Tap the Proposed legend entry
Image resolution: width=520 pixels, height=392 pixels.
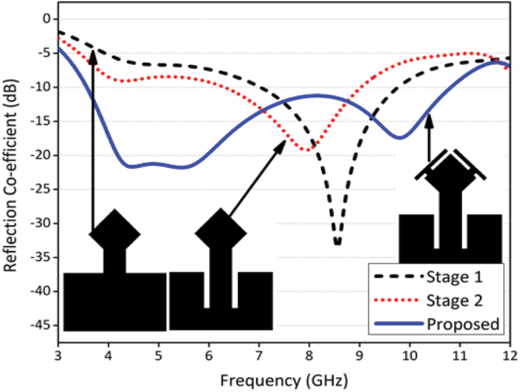coord(462,324)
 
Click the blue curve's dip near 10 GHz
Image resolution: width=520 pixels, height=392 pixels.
coord(400,138)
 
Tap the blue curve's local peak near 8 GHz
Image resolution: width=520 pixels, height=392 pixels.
coord(317,95)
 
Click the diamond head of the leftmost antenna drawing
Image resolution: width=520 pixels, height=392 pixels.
coord(115,233)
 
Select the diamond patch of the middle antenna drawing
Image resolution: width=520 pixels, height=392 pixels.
coord(221,233)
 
